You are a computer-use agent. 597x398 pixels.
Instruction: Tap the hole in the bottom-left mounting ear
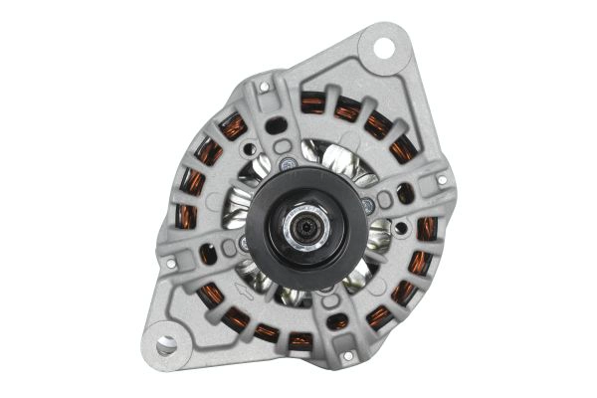(166, 345)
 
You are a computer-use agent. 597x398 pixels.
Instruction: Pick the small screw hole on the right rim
(442, 181)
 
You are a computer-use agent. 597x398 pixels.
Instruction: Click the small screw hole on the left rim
(170, 265)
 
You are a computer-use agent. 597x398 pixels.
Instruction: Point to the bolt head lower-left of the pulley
(244, 242)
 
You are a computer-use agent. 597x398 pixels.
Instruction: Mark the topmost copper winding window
(313, 100)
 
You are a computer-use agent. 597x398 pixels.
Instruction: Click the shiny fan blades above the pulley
(320, 152)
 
